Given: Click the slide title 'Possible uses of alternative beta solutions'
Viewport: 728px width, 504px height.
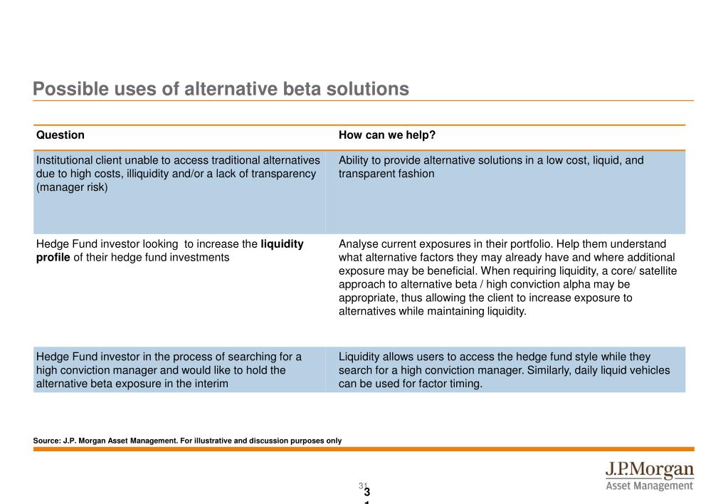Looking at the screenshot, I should coord(221,89).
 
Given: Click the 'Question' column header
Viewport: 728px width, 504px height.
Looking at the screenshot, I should coord(60,135).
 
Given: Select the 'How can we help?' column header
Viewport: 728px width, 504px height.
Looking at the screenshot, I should coord(386,135).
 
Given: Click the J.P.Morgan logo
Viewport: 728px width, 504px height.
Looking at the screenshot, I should coord(649,471).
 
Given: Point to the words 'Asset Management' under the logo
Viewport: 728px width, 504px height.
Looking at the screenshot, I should coord(649,486).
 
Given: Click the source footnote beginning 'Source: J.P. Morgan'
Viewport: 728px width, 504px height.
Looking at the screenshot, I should coord(187,441).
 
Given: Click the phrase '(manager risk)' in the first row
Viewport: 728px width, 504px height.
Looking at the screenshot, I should coord(72,187).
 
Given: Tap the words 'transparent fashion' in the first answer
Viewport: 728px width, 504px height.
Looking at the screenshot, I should coord(386,174).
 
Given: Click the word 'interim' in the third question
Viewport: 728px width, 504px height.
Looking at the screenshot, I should coord(210,384).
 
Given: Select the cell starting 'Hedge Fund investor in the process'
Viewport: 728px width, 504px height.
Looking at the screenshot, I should coord(179,370).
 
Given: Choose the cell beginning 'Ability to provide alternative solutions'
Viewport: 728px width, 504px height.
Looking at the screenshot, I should coord(505,192).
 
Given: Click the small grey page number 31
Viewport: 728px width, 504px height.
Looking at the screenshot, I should coord(362,485).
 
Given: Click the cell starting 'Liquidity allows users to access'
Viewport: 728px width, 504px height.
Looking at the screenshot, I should coord(505,370).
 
